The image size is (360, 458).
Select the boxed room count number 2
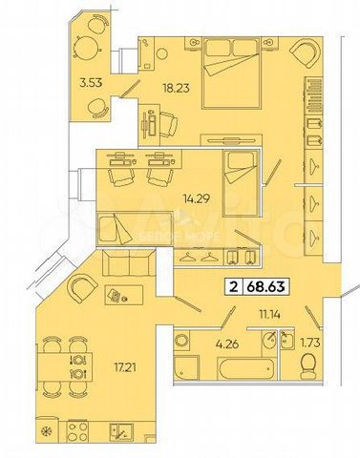click(232, 284)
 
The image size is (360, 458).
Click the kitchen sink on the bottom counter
click(119, 431)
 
